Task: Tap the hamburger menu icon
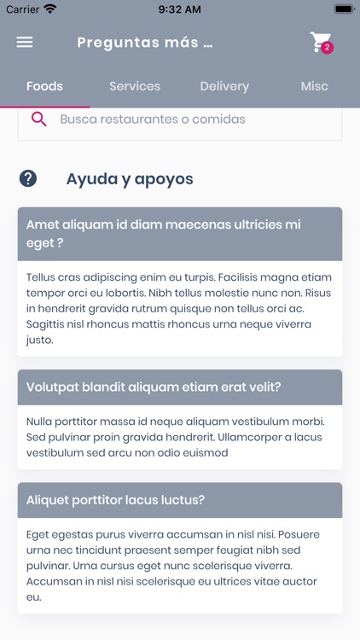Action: click(x=25, y=42)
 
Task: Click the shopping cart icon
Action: click(x=319, y=41)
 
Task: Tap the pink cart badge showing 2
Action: click(x=327, y=48)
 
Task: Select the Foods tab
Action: click(x=44, y=86)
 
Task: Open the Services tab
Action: click(x=135, y=86)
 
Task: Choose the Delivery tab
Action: click(x=224, y=86)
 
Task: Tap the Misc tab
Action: click(x=314, y=86)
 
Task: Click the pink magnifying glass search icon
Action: click(x=38, y=119)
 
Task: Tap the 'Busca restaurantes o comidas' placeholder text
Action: click(x=152, y=119)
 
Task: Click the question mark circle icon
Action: click(x=28, y=178)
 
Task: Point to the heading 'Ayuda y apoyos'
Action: click(x=130, y=179)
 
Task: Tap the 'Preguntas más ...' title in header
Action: click(x=144, y=43)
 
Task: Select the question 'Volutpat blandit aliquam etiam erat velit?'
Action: click(x=154, y=387)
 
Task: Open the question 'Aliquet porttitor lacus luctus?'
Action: click(x=115, y=500)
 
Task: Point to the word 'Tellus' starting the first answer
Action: click(x=41, y=277)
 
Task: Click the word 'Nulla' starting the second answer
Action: click(x=40, y=422)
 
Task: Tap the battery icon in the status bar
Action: click(x=343, y=9)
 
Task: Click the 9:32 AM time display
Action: click(x=179, y=9)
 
